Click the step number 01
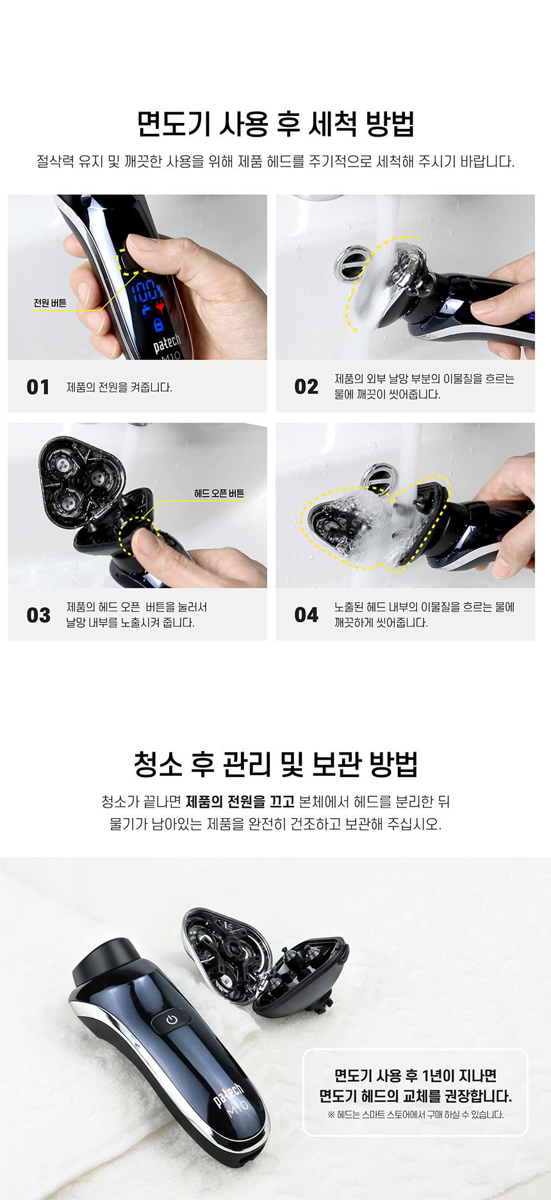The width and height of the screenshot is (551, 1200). coord(38,387)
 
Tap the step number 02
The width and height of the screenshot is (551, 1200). coord(306,387)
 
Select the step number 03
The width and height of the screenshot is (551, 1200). coord(38,615)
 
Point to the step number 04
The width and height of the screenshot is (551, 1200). coord(306,615)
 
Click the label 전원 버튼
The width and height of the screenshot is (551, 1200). coord(50,303)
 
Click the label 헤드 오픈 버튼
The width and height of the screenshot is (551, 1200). coord(219,493)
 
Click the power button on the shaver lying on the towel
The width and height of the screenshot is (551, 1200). coord(171,1019)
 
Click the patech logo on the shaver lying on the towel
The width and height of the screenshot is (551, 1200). coord(228,1094)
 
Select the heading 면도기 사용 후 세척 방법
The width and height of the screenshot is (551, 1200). coord(275,124)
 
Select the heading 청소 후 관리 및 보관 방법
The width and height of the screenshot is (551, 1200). coord(275,764)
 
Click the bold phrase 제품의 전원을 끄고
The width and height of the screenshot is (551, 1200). coord(240,801)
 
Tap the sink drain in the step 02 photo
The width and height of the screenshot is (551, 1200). coord(351,261)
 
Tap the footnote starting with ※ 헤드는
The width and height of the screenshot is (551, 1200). coord(415,1115)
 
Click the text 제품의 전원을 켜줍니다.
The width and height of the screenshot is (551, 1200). coord(119,387)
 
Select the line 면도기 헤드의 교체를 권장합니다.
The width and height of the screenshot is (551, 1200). coord(415,1096)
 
